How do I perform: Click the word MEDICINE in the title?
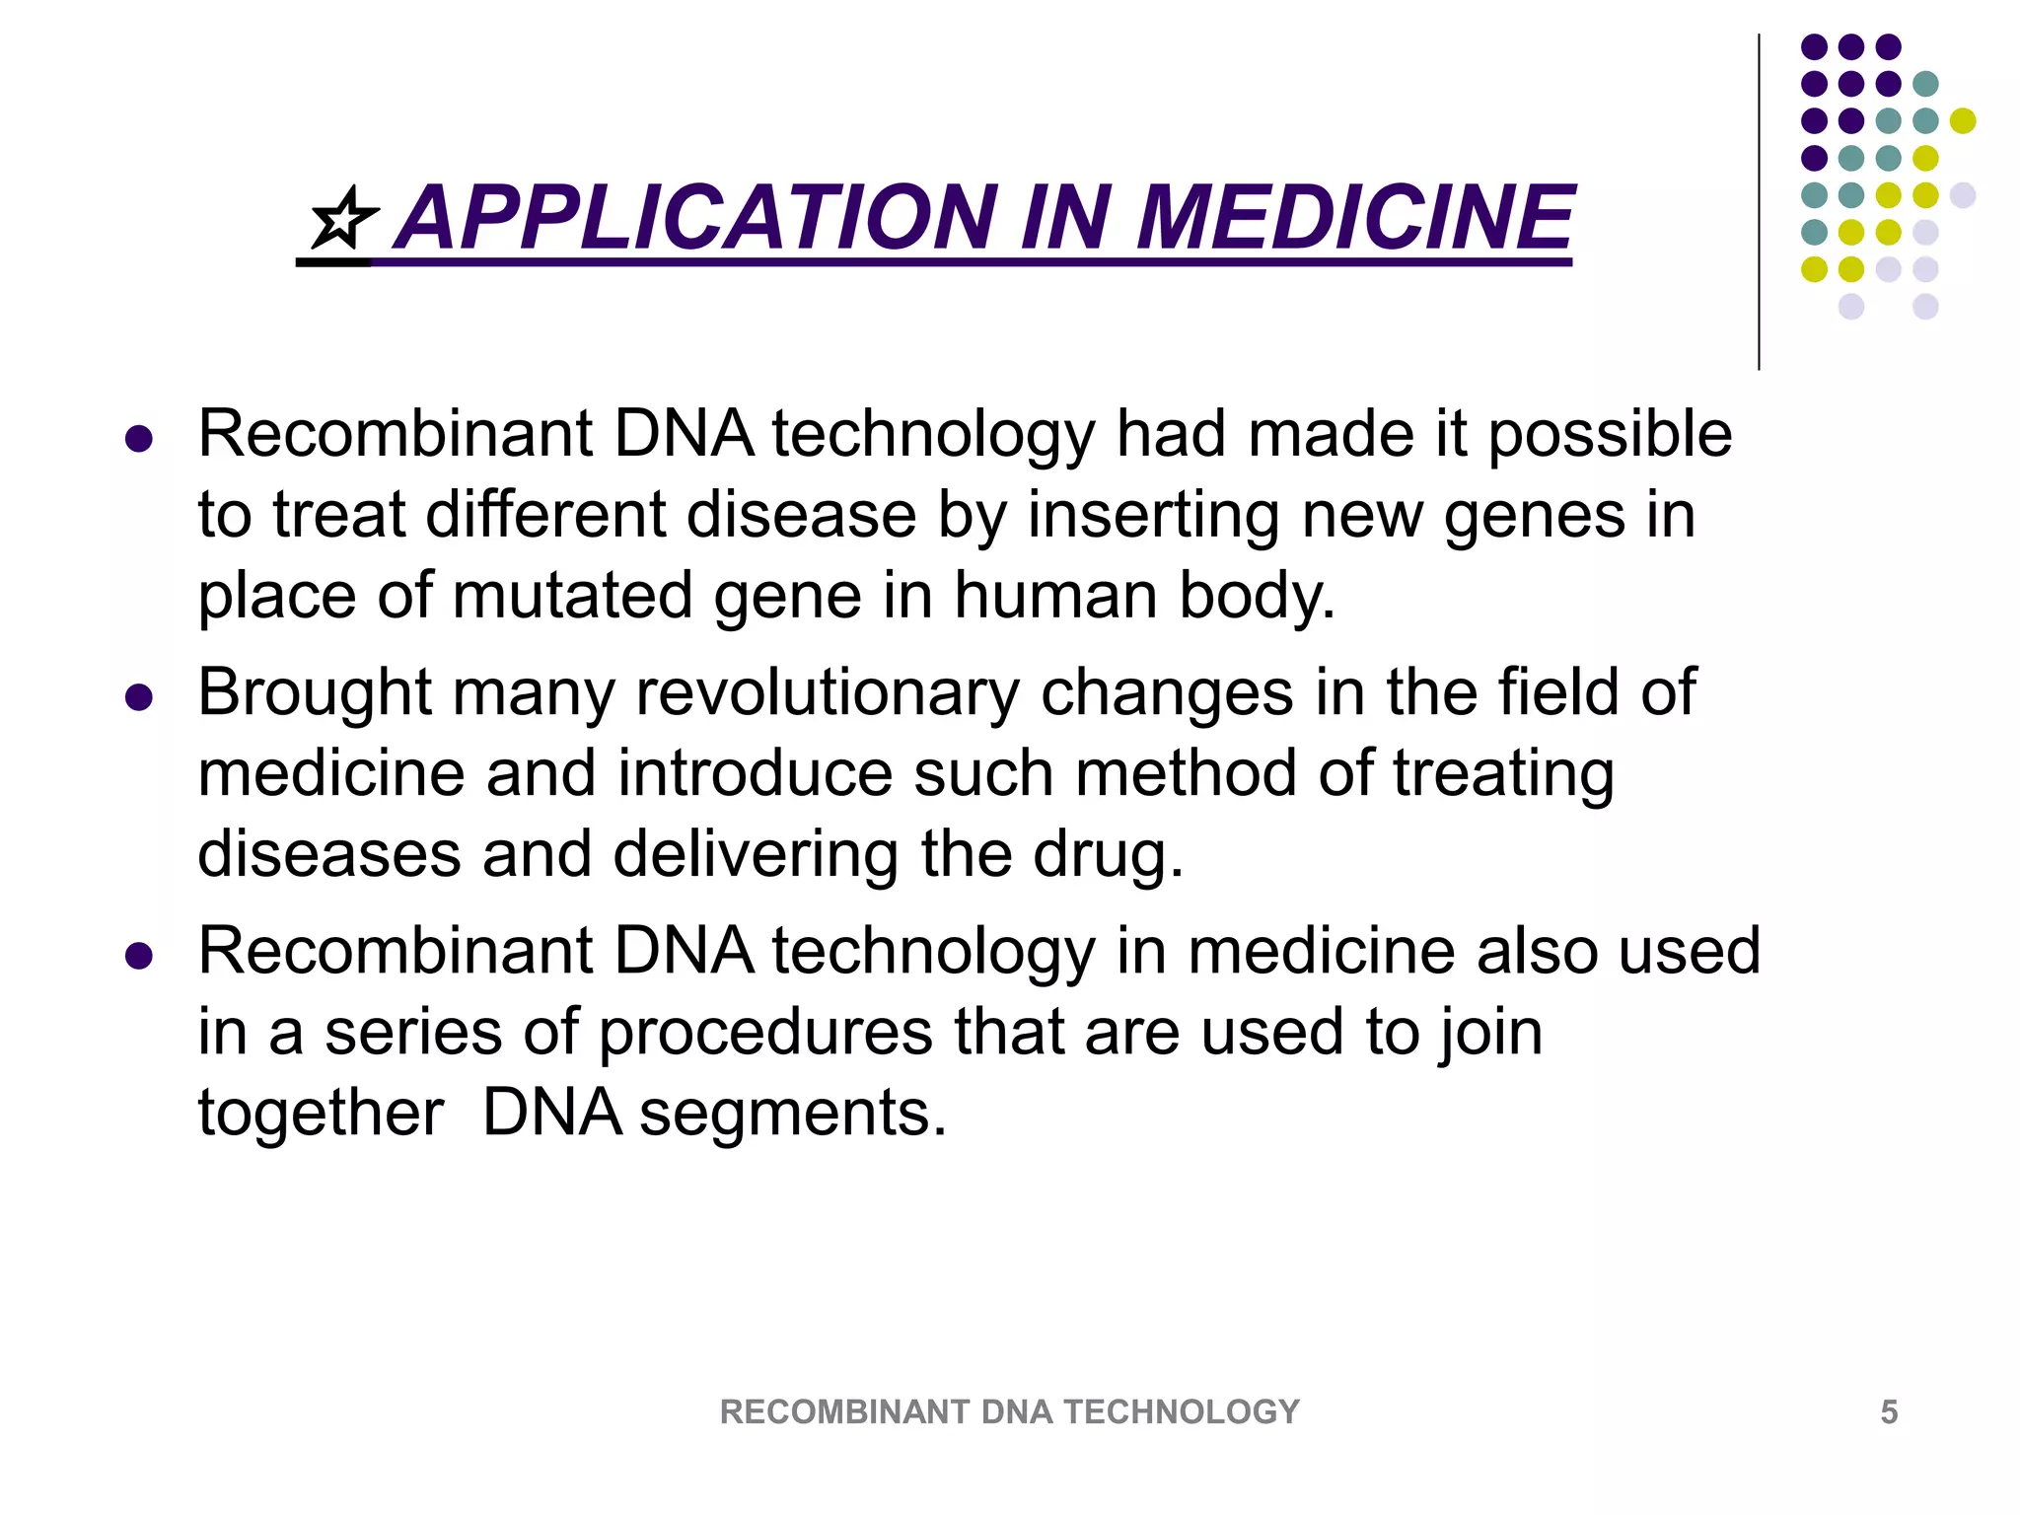1353,219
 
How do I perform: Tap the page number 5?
1888,1412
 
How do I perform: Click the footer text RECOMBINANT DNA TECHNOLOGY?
1009,1412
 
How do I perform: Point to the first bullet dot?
139,439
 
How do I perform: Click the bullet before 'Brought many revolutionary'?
139,698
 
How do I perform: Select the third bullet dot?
139,956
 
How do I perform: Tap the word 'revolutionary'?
827,692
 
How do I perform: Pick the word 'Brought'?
315,692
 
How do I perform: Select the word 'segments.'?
793,1113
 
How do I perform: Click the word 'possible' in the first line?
1609,434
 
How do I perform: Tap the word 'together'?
321,1113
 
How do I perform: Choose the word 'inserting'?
1152,515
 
